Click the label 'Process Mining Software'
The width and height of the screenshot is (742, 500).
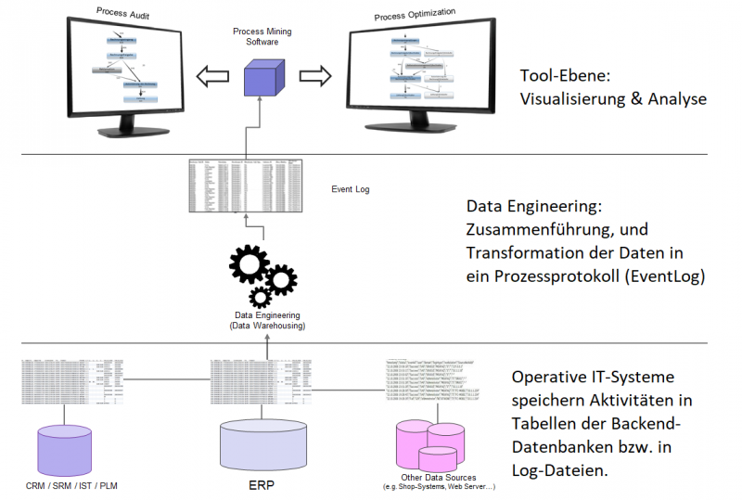tap(262, 37)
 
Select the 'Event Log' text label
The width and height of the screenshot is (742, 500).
tap(351, 189)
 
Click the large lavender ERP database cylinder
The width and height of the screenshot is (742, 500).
tap(262, 444)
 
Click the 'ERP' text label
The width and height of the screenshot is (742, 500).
tap(263, 485)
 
